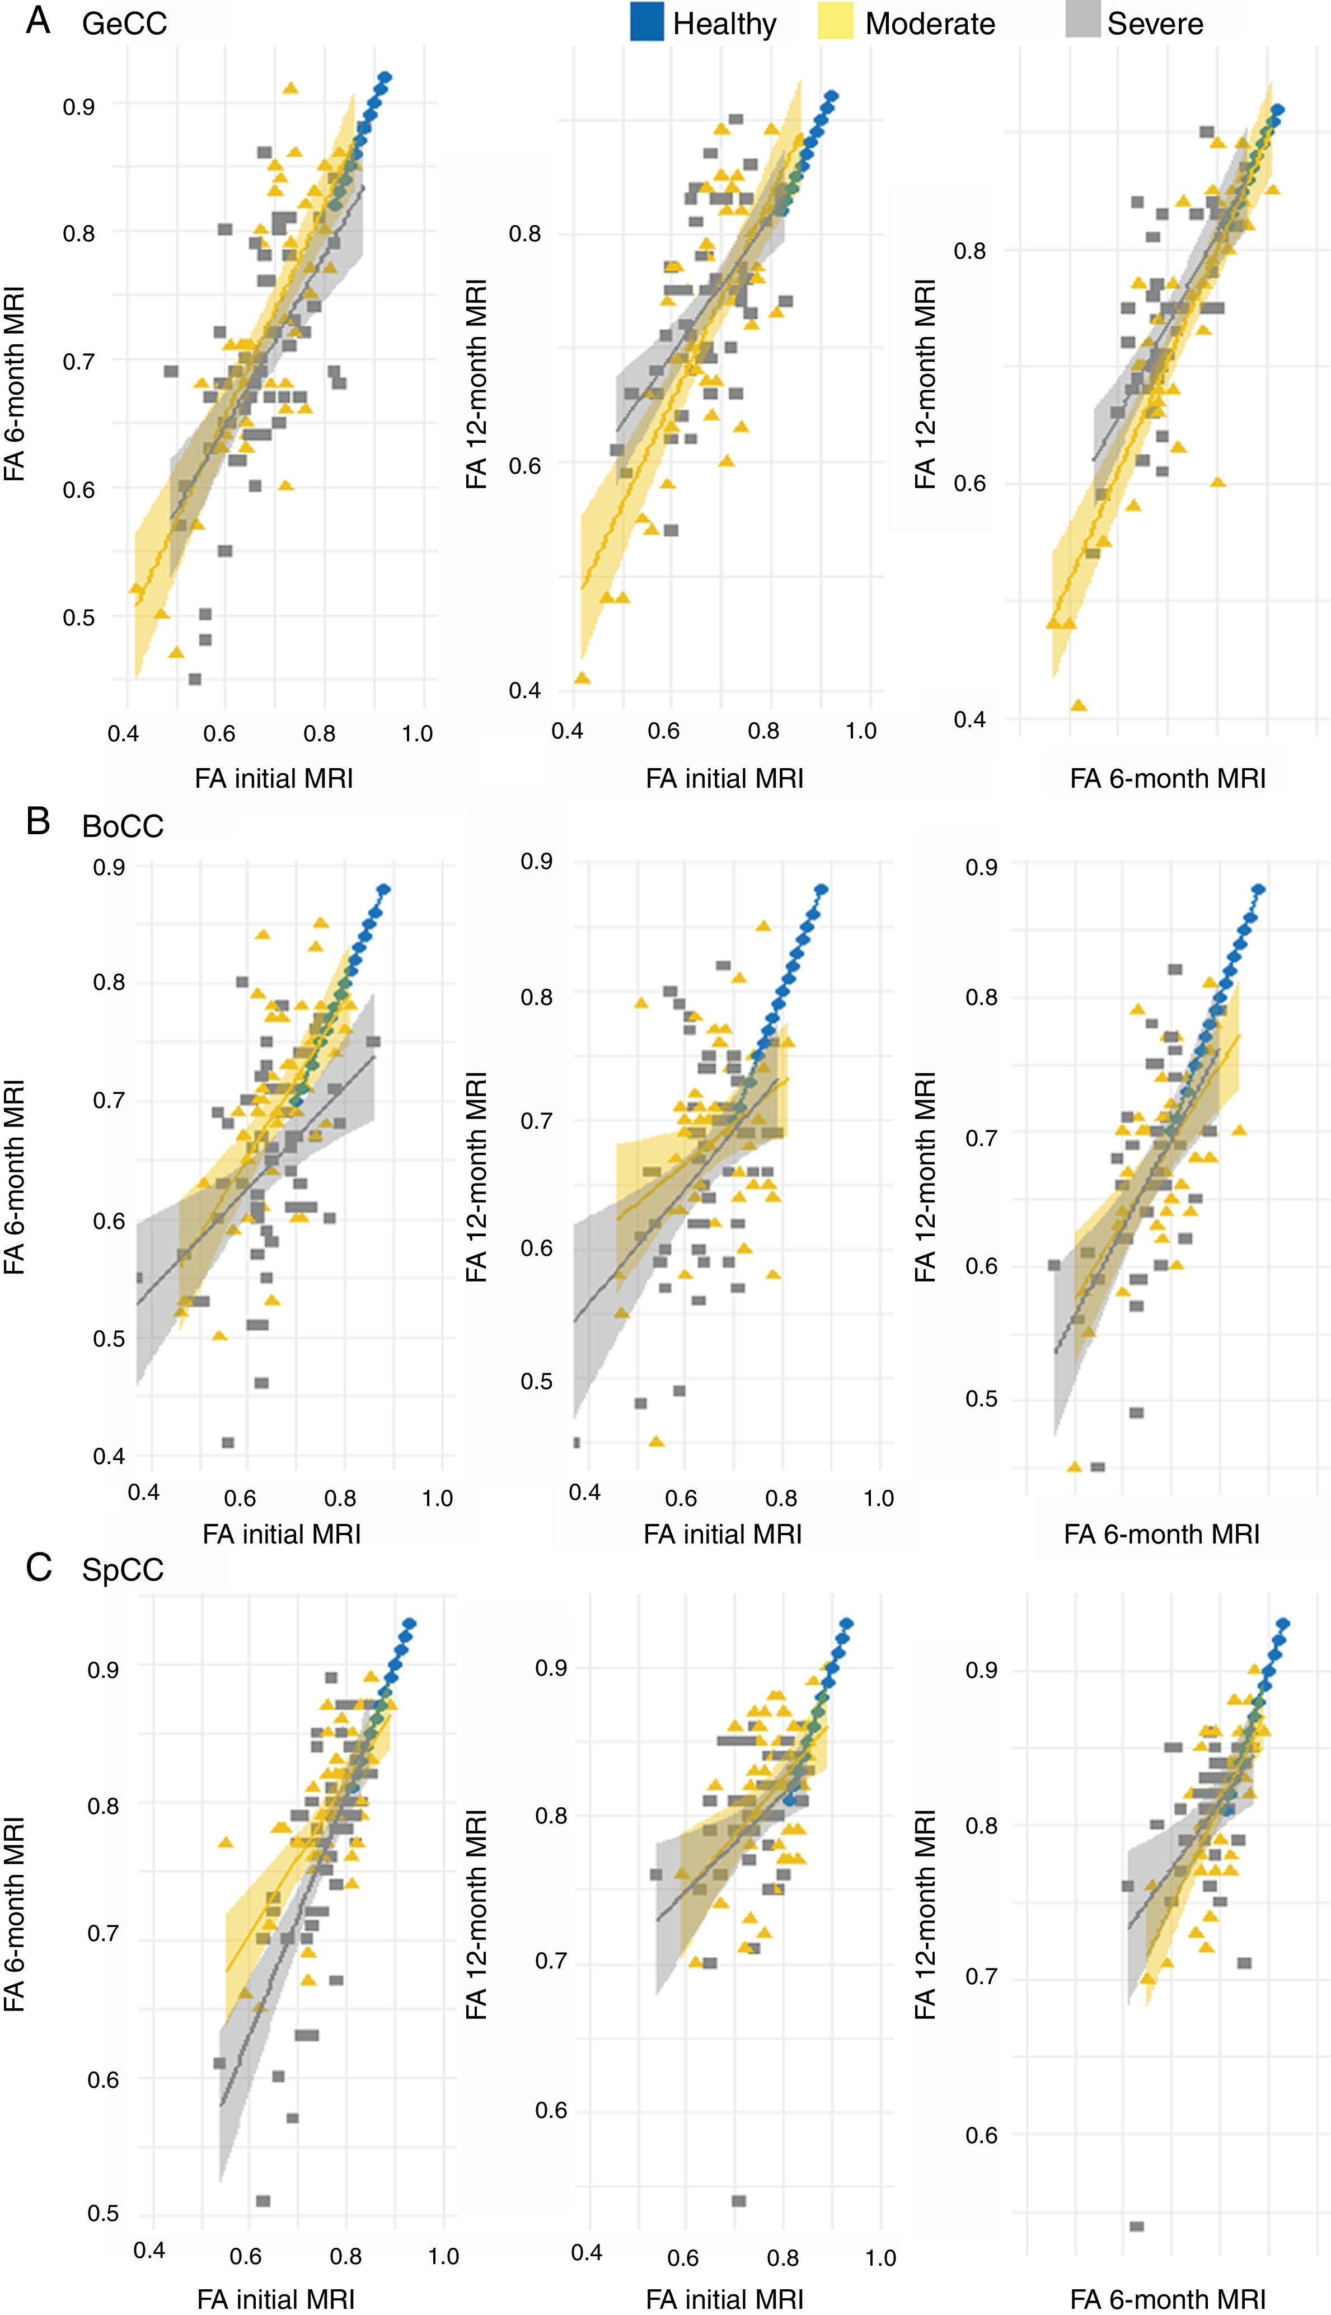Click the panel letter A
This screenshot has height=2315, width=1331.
38,20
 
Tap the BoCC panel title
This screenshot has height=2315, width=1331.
123,826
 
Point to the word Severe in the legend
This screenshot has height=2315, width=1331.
1155,24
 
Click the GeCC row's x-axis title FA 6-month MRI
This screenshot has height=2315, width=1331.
1168,778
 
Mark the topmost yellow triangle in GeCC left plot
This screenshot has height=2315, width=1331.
290,88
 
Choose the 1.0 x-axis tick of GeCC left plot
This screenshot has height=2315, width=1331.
417,733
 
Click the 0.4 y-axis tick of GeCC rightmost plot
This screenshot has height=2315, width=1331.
970,719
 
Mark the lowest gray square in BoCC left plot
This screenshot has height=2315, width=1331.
228,1443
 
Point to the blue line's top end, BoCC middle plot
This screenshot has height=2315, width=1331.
822,888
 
